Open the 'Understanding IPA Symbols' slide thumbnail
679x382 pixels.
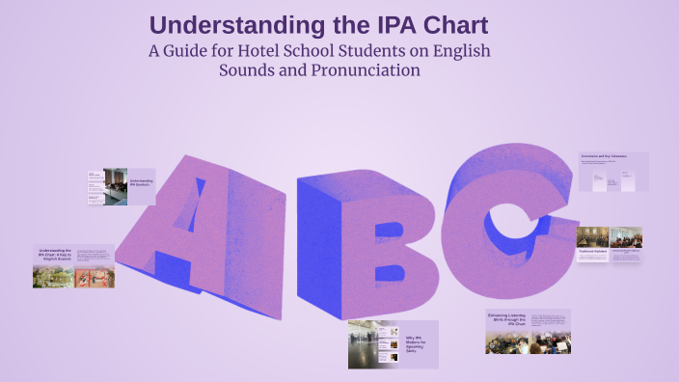(120, 187)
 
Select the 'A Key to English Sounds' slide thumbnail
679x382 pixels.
(73, 266)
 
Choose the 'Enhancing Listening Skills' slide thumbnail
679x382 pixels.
(527, 331)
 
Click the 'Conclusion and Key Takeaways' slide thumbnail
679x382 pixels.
(612, 172)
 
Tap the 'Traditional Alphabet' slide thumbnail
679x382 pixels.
(609, 245)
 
